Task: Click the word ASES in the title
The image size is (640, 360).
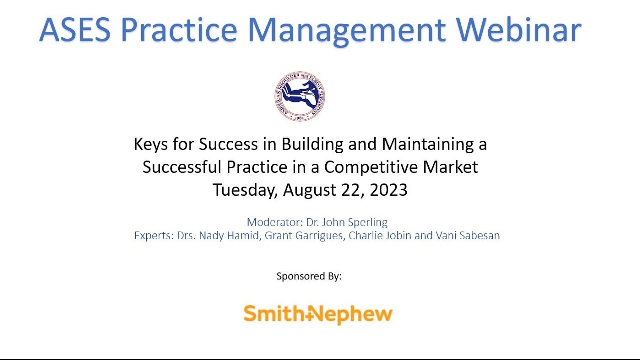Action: point(75,29)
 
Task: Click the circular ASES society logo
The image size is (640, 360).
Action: point(300,96)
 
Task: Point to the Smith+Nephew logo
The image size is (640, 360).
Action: point(318,314)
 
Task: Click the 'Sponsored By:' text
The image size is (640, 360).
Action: point(309,276)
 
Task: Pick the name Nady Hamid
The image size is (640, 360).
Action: point(229,235)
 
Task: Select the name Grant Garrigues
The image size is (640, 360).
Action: point(304,235)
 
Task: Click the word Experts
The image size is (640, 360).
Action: point(153,235)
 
